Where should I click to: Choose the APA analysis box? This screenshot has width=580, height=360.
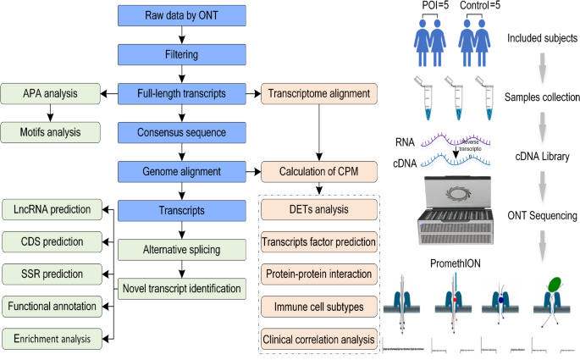[49, 92]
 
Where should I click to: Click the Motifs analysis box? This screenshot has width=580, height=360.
[49, 131]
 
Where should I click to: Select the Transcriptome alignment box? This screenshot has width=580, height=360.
[317, 92]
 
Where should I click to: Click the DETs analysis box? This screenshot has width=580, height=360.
[317, 209]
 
